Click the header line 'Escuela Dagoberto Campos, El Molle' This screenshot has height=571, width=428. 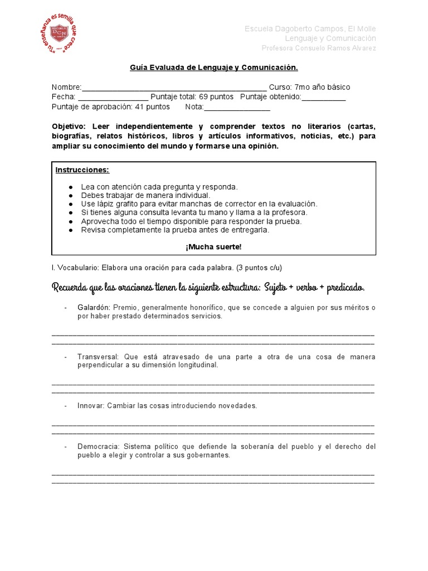coord(310,28)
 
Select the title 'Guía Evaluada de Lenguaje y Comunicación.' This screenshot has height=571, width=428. coord(214,67)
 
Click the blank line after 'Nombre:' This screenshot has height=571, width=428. coord(174,88)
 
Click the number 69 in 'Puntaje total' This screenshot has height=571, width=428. coord(203,97)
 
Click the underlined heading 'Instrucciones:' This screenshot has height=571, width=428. coord(82,170)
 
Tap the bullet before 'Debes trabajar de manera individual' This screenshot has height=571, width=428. coord(71,196)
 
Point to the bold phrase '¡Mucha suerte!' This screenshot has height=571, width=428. coord(214,247)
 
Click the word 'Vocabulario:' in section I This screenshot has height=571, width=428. coord(78,268)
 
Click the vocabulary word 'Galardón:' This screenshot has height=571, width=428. coord(94,307)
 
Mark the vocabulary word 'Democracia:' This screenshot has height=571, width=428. coord(99,447)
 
